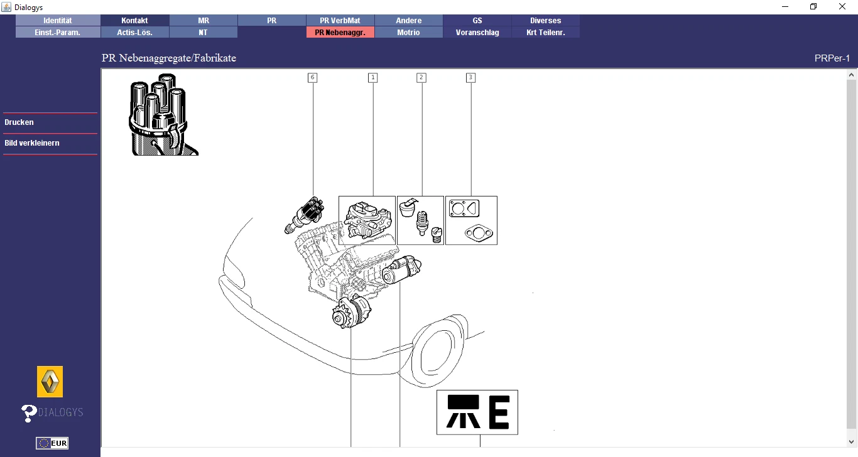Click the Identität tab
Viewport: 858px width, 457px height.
point(58,21)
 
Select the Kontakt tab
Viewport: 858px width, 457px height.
point(134,21)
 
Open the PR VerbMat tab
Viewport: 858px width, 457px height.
point(340,21)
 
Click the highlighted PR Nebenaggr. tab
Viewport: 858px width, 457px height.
point(340,33)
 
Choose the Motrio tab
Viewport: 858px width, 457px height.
point(408,33)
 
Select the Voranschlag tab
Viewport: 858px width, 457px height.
point(477,33)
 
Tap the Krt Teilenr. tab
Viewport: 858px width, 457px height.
point(545,33)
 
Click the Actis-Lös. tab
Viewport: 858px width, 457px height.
point(134,33)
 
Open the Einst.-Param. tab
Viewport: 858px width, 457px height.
point(58,33)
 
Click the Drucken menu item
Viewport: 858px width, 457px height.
point(19,122)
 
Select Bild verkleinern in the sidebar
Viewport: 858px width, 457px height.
point(32,143)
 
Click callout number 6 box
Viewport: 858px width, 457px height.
point(312,78)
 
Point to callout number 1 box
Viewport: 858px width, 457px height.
point(372,78)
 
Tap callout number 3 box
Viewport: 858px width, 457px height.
point(470,78)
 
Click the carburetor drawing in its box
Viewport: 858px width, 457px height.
point(367,220)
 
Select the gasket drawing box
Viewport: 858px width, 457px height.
point(471,220)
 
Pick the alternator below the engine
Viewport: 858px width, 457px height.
point(351,312)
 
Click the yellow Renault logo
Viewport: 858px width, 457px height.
point(50,382)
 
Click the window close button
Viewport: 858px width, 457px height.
point(842,7)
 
